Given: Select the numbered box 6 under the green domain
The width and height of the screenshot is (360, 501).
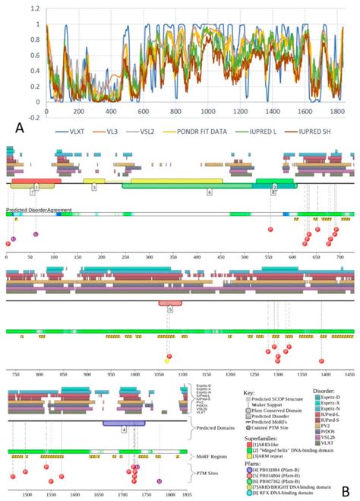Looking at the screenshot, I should point(209,193).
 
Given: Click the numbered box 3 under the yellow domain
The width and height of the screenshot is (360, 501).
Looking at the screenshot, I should point(93,186).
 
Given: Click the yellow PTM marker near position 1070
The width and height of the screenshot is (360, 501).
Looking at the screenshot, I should point(166,360).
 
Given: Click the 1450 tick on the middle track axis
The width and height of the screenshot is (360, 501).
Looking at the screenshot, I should point(349,376).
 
